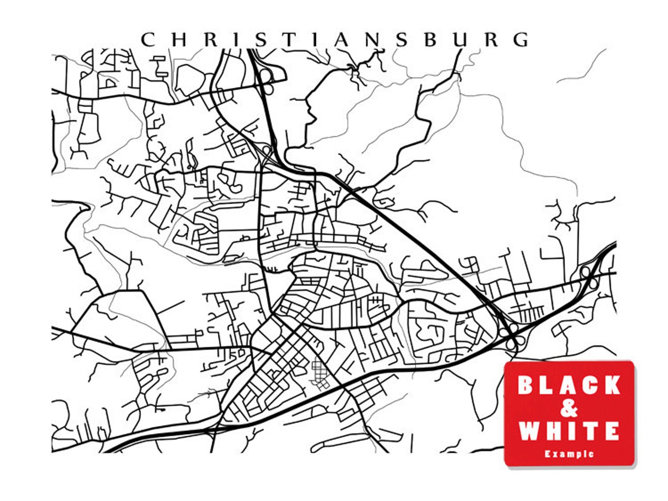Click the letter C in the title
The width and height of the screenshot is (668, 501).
[x=148, y=40]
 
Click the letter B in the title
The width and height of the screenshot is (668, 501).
[x=431, y=40]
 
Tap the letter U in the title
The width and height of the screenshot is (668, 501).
[x=461, y=40]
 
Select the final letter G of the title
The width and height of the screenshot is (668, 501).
[x=522, y=40]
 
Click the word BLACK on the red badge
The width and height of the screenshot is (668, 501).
[x=569, y=385]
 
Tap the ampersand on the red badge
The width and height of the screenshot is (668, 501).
[x=569, y=408]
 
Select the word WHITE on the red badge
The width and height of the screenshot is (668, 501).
[x=569, y=431]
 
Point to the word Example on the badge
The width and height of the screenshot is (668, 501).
[x=569, y=454]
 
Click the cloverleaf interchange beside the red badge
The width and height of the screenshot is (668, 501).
[x=511, y=336]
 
